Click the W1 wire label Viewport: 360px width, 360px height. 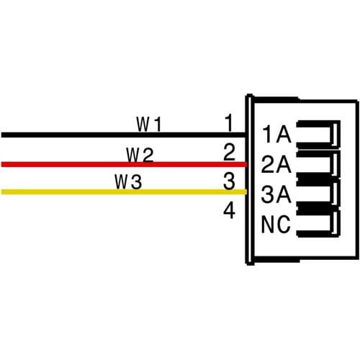click(x=149, y=124)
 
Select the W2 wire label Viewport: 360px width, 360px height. click(x=140, y=155)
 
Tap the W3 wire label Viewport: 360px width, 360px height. click(x=128, y=181)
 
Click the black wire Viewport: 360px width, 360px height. click(x=124, y=135)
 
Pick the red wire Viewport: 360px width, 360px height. click(x=124, y=164)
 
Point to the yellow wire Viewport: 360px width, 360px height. click(x=124, y=192)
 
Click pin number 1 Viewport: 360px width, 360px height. click(x=229, y=123)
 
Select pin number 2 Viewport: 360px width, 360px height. click(x=229, y=152)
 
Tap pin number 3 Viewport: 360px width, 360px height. click(x=229, y=181)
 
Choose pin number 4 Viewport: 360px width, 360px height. click(x=229, y=210)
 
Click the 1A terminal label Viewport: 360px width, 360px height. click(x=276, y=135)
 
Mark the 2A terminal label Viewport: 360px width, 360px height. click(x=276, y=164)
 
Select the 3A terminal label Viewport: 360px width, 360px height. click(x=276, y=194)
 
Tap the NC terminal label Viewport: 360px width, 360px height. click(x=276, y=225)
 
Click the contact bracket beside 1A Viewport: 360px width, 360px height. click(x=336, y=134)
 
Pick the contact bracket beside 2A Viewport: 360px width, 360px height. click(x=336, y=164)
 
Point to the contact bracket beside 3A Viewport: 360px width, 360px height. click(x=336, y=194)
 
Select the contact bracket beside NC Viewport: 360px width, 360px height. click(x=336, y=223)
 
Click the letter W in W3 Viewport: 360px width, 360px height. click(x=121, y=181)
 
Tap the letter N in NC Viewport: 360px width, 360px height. click(x=267, y=225)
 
